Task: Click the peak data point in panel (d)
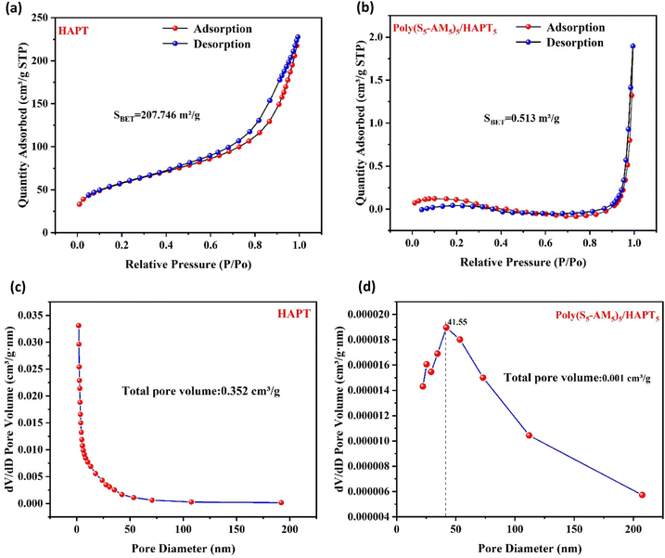click(446, 327)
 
